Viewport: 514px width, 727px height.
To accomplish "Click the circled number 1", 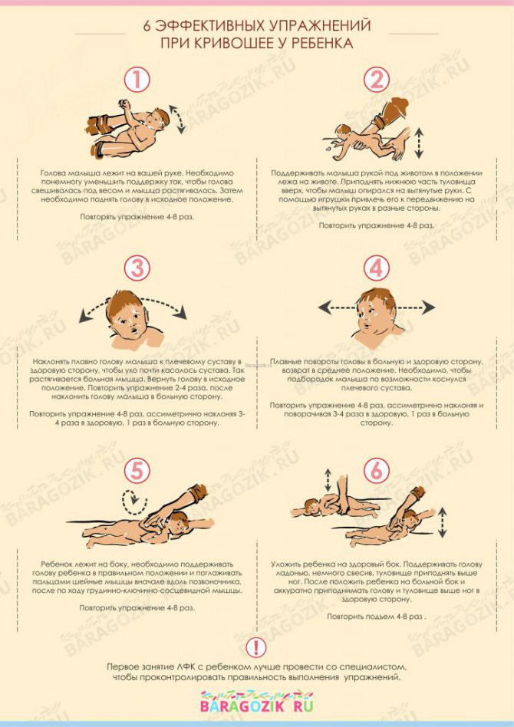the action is click(x=137, y=80).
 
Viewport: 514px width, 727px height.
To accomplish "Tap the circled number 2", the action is click(x=376, y=80).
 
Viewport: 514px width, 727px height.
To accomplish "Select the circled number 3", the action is click(x=137, y=268).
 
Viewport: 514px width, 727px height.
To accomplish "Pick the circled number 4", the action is click(x=376, y=268).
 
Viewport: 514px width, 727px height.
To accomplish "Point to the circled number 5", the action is click(x=137, y=472).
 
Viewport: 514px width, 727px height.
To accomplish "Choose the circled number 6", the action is click(x=376, y=472).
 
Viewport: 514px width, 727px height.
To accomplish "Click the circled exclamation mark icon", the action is click(x=256, y=647).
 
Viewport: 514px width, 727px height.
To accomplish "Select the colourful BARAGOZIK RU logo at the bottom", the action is click(x=256, y=702).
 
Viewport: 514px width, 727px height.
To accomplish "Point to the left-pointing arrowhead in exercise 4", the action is click(x=325, y=307).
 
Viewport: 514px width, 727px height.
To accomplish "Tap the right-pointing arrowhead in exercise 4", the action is click(x=429, y=307).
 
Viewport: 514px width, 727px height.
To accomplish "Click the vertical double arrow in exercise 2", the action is click(x=419, y=143).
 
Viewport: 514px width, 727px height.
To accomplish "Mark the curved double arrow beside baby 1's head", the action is click(x=178, y=119).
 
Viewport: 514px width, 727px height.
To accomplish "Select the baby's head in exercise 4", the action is click(x=375, y=311).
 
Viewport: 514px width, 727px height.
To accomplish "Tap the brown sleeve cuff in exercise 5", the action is click(x=198, y=492).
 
